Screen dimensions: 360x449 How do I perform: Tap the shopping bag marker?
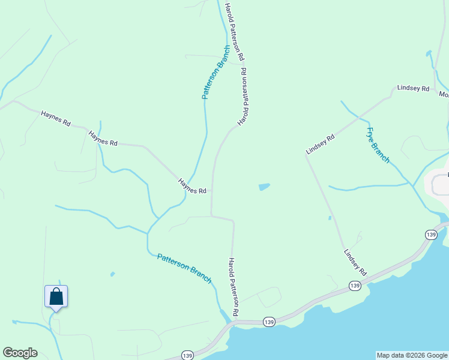click(x=56, y=297)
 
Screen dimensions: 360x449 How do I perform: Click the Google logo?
click(x=20, y=353)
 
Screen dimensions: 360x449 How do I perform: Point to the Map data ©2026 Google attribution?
click(x=412, y=355)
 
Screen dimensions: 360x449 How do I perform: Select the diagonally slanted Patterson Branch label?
click(x=184, y=268)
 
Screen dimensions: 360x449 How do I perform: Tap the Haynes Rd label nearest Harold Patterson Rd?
click(x=192, y=186)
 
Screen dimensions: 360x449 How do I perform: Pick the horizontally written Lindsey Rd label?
click(x=413, y=89)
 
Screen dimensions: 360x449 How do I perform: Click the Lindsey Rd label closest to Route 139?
click(x=355, y=262)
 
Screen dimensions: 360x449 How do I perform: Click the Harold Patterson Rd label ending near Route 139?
click(x=234, y=287)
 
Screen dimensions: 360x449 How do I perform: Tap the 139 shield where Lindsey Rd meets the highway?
click(x=355, y=287)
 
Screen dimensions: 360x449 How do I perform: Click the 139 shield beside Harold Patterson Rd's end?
click(x=268, y=322)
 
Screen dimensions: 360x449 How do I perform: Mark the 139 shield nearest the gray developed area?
click(x=430, y=235)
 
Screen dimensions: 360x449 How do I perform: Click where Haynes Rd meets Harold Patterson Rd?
click(x=212, y=191)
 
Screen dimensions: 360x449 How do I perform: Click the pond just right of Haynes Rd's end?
click(x=264, y=187)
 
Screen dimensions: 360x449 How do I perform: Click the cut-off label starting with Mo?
click(x=444, y=94)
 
